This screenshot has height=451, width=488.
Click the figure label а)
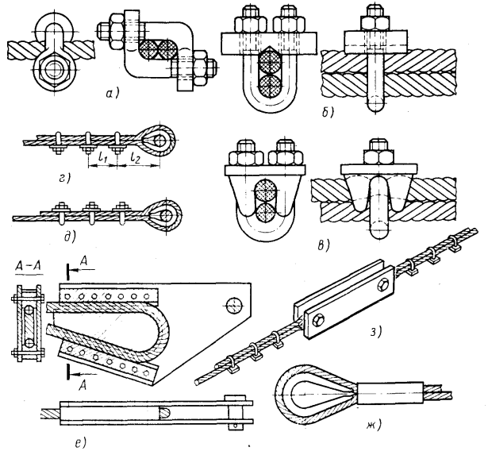tap(113, 93)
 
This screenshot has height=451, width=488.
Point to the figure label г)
tap(65, 178)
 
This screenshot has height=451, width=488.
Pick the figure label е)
tap(79, 443)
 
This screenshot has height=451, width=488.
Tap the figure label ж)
tap(372, 425)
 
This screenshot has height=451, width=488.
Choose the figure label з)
tap(375, 333)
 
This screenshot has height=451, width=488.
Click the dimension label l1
tap(102, 158)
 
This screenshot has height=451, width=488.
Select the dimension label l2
tap(136, 158)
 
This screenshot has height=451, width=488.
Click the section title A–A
tap(29, 268)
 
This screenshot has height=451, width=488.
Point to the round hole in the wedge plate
tap(234, 306)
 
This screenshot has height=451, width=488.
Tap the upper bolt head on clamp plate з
tap(382, 285)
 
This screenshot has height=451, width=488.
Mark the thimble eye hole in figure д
tap(168, 215)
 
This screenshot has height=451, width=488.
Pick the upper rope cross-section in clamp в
tap(265, 191)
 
